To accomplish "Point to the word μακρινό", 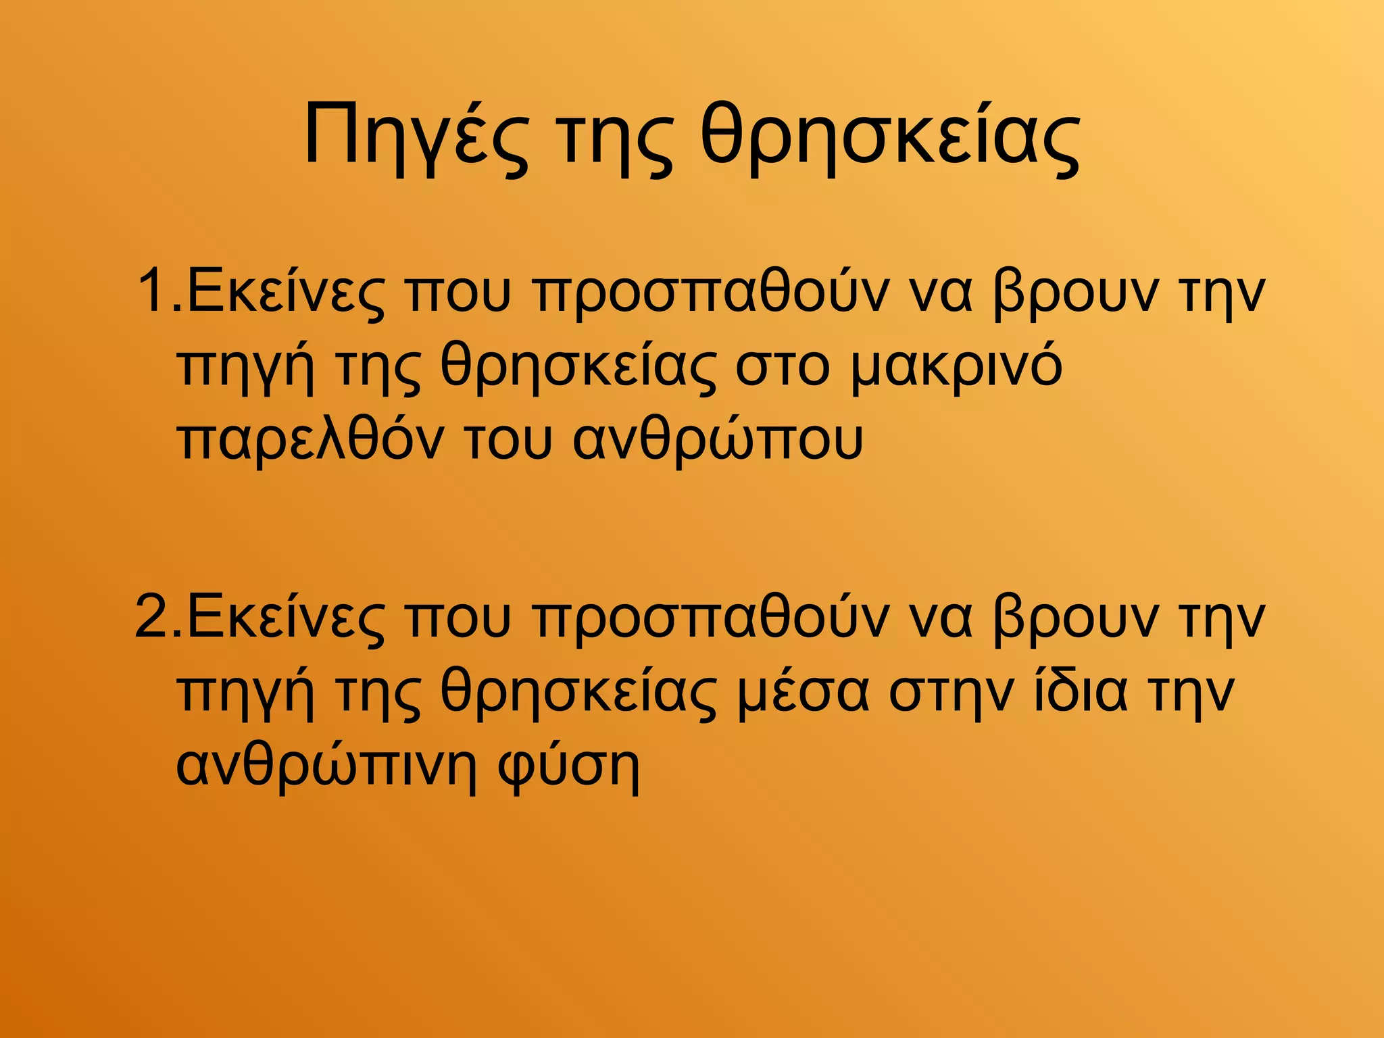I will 956,367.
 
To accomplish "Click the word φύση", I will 568,767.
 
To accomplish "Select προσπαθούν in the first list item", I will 707,293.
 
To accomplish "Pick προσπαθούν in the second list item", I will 707,617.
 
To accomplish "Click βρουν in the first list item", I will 1074,293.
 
